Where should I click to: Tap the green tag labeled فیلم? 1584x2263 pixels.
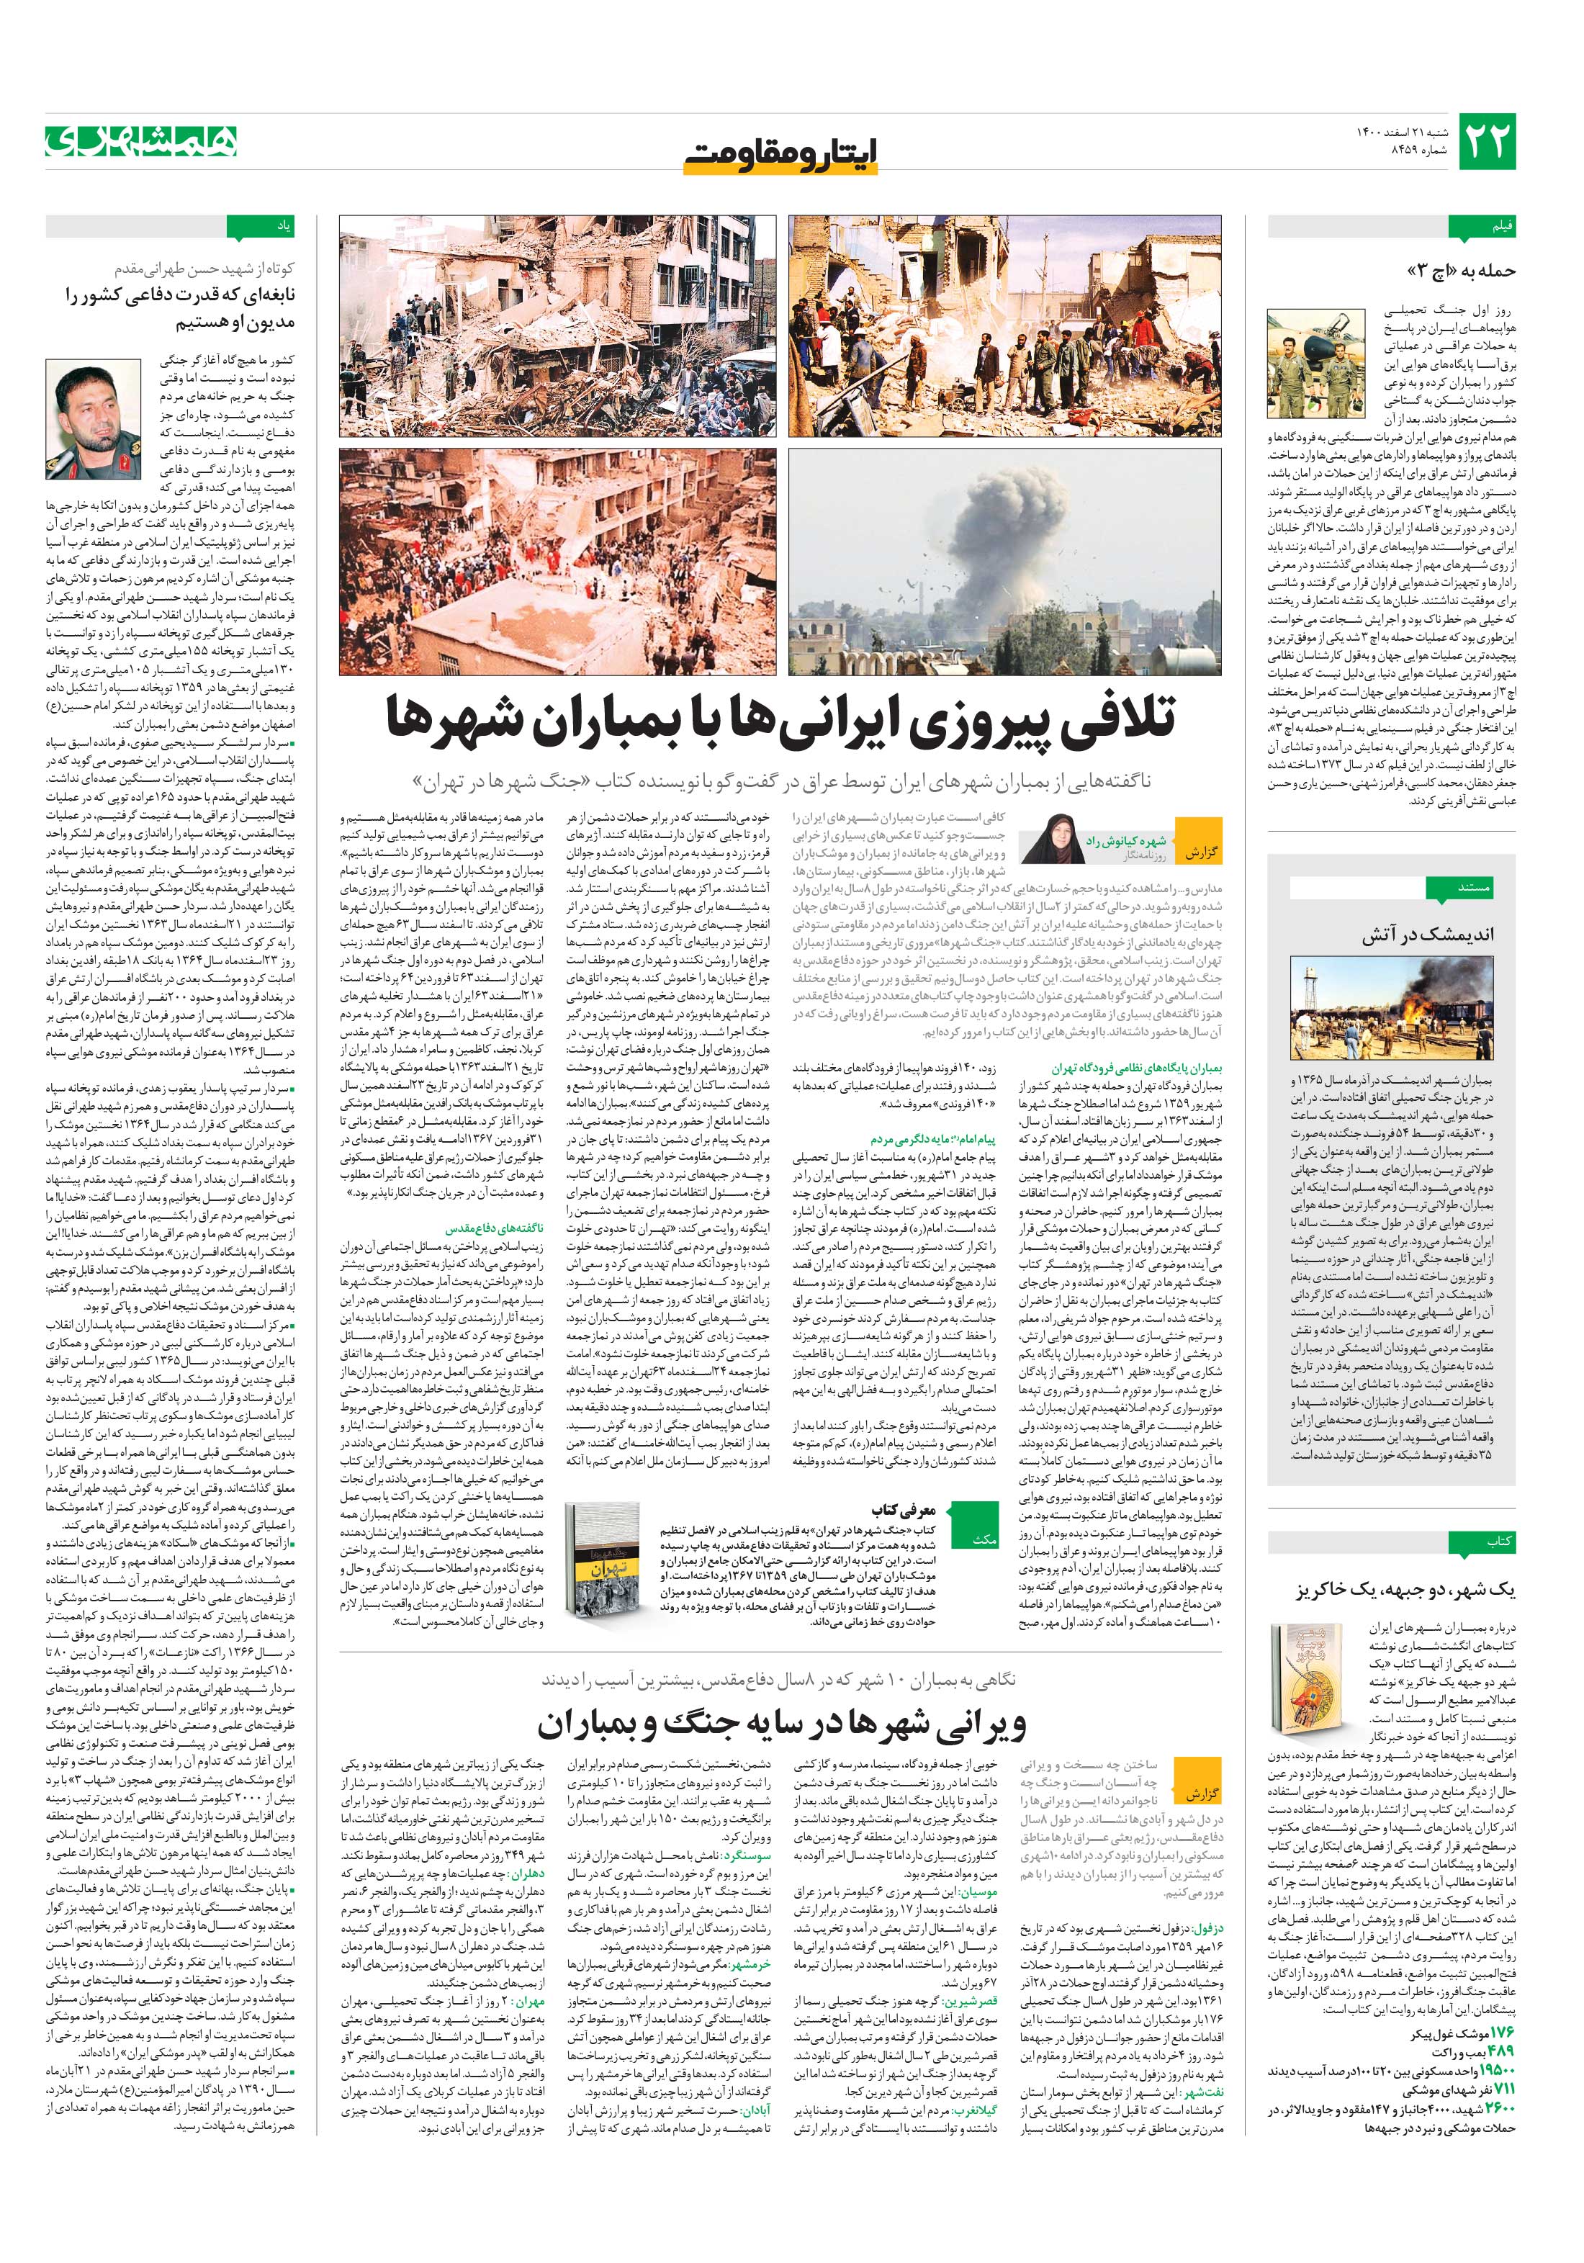point(1491,228)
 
